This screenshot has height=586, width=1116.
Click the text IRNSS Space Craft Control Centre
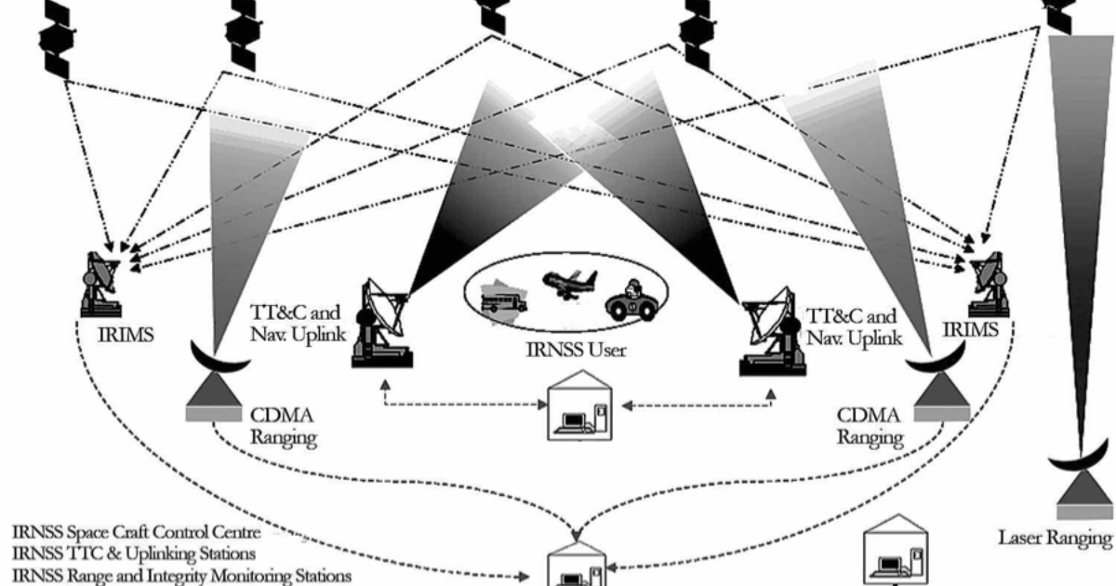click(x=137, y=533)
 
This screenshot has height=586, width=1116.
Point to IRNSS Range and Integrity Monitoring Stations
click(x=181, y=577)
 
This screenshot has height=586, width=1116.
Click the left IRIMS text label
click(x=119, y=333)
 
